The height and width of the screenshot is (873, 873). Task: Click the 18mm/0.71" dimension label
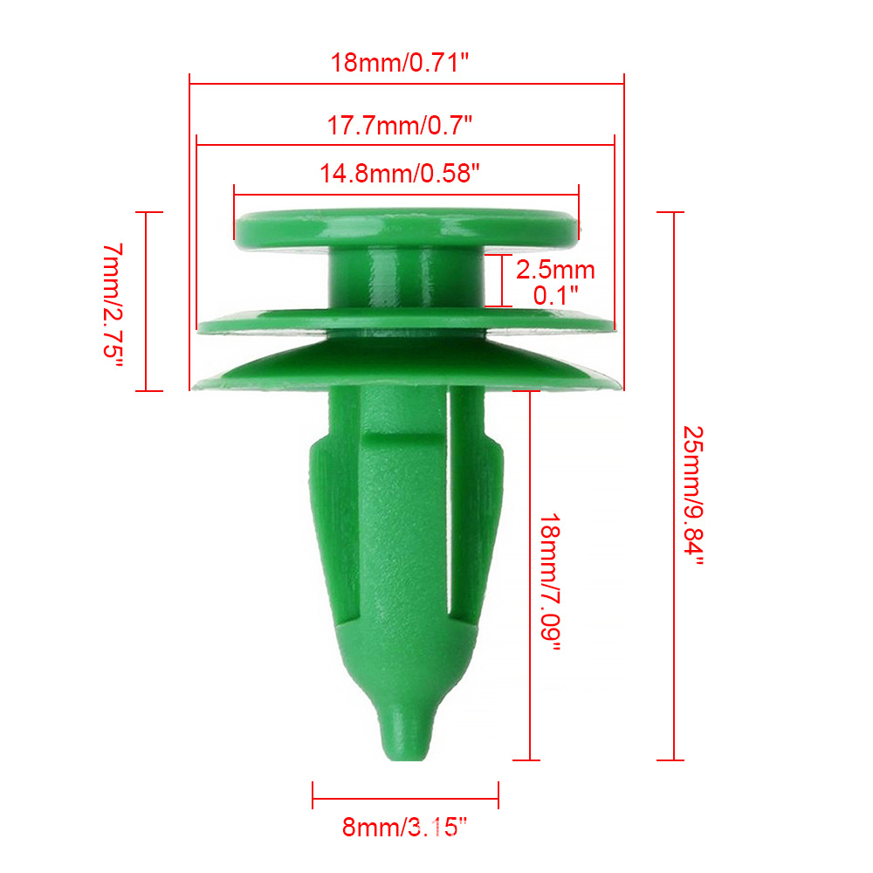[x=400, y=62]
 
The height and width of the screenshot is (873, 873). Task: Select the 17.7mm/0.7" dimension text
[x=399, y=125]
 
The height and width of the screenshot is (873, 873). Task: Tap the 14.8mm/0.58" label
[x=399, y=174]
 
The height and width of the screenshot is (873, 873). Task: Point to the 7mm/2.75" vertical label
[x=113, y=305]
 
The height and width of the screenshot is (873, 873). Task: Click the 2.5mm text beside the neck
[x=555, y=270]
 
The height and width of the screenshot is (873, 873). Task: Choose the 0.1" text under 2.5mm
[x=555, y=295]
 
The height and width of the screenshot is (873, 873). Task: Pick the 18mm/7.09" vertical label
[x=550, y=582]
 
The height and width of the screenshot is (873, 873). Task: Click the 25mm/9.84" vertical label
[x=694, y=496]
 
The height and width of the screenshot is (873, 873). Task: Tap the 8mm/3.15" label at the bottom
[x=405, y=828]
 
